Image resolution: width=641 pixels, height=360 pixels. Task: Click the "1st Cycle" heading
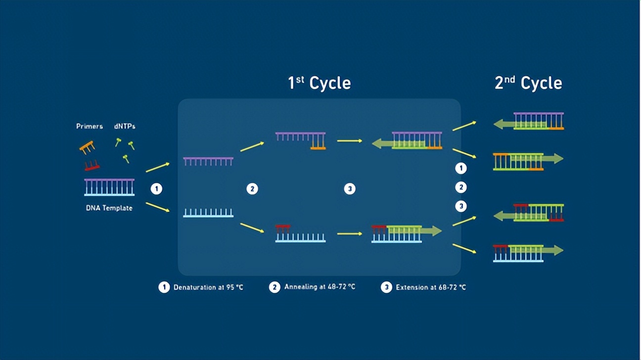tap(320, 83)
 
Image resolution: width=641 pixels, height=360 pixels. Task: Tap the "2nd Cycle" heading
tap(528, 83)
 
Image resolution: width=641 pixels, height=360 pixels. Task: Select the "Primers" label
tap(90, 126)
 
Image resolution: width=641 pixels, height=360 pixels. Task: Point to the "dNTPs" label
tap(125, 126)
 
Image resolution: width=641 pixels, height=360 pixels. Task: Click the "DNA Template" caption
tap(109, 208)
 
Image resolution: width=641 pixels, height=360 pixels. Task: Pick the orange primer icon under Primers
tap(87, 147)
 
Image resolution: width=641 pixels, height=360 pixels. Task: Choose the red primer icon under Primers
tap(92, 166)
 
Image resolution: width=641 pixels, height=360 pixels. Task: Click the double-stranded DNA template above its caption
tap(109, 187)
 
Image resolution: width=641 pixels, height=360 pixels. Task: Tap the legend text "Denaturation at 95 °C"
tap(208, 287)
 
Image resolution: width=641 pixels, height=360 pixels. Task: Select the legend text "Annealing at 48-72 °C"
tap(320, 287)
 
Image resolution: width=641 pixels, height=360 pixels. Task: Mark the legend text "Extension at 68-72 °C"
tap(431, 287)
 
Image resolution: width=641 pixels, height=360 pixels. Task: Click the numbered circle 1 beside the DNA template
tap(156, 189)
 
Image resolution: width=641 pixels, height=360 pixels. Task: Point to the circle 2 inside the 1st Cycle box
tap(252, 189)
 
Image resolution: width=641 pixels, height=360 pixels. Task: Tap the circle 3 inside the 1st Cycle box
tap(350, 189)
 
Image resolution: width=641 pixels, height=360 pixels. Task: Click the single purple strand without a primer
tap(208, 161)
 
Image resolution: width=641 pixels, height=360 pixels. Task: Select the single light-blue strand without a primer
tap(208, 213)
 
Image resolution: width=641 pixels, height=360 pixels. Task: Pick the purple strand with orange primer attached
tap(301, 141)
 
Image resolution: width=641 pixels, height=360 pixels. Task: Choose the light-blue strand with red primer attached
tap(301, 233)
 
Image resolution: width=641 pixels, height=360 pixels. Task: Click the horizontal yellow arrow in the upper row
tap(350, 141)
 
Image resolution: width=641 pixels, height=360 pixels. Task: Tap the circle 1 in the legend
tap(164, 287)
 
